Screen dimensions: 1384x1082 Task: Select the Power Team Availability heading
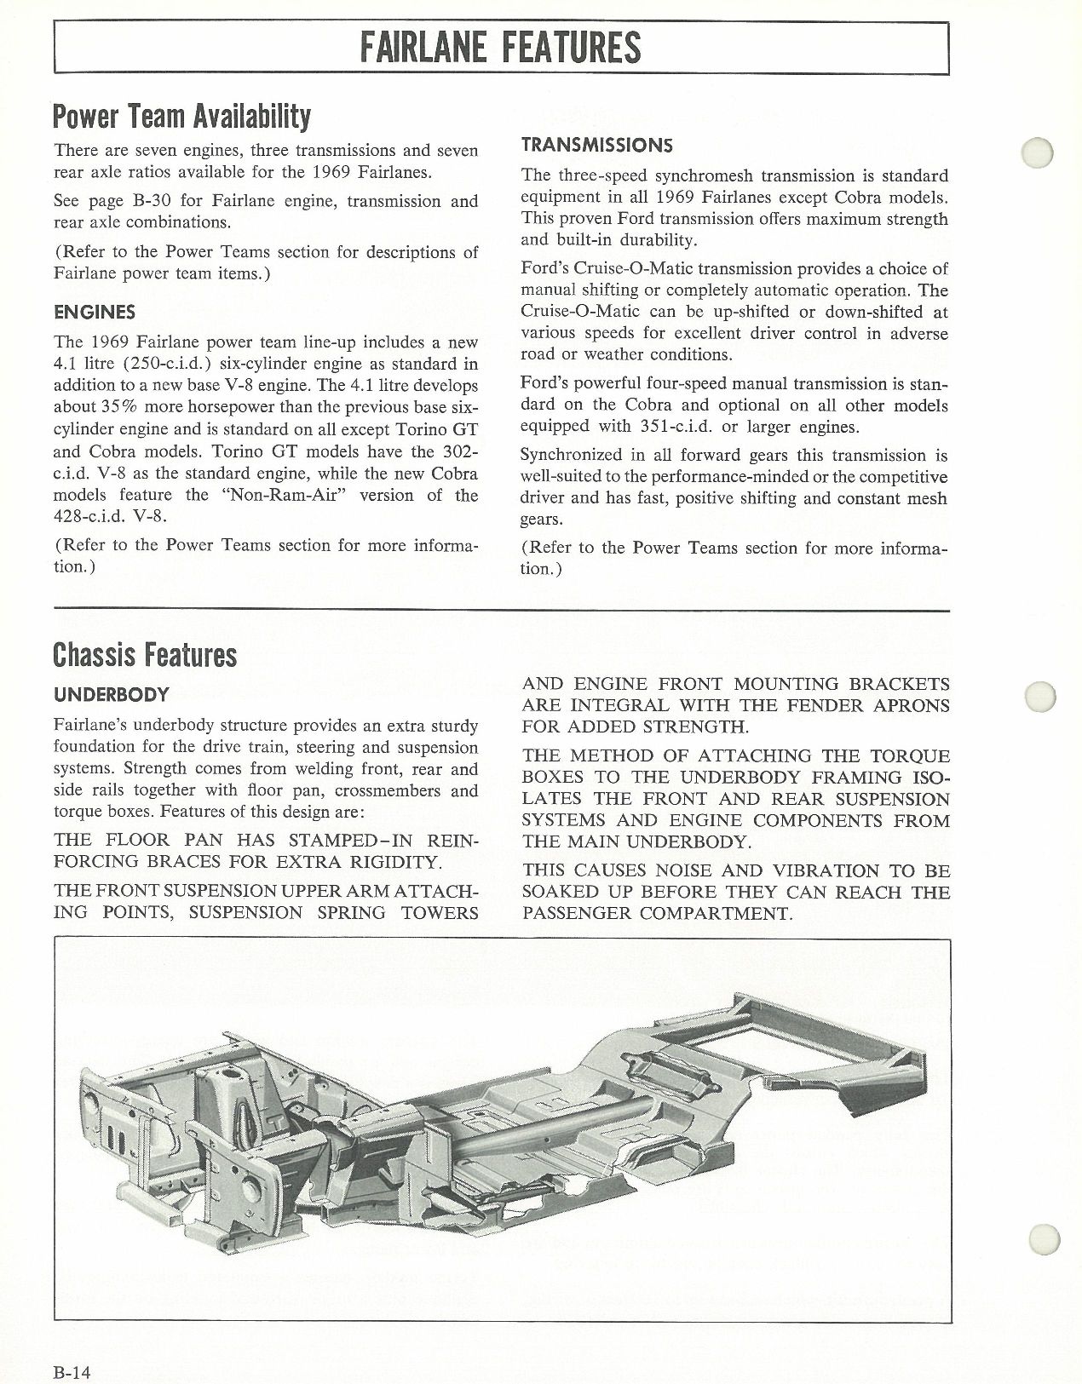click(181, 116)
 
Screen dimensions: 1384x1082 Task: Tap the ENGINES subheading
click(94, 313)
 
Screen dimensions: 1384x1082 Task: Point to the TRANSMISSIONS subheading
click(596, 145)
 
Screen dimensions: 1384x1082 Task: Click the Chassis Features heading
click(144, 654)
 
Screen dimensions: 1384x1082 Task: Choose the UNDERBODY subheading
click(111, 694)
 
